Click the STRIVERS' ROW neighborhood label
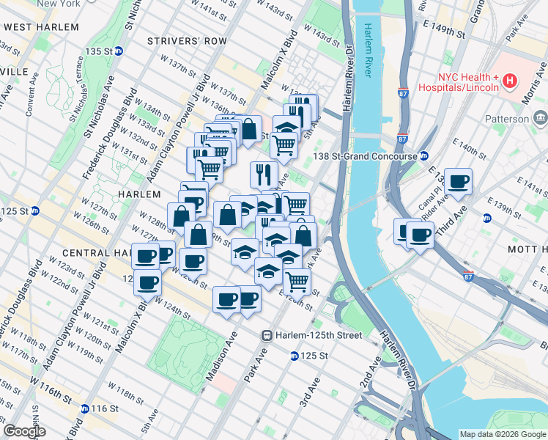(x=187, y=41)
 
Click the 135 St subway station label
(x=97, y=51)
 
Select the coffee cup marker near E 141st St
(x=459, y=182)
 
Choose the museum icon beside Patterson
(x=541, y=118)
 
